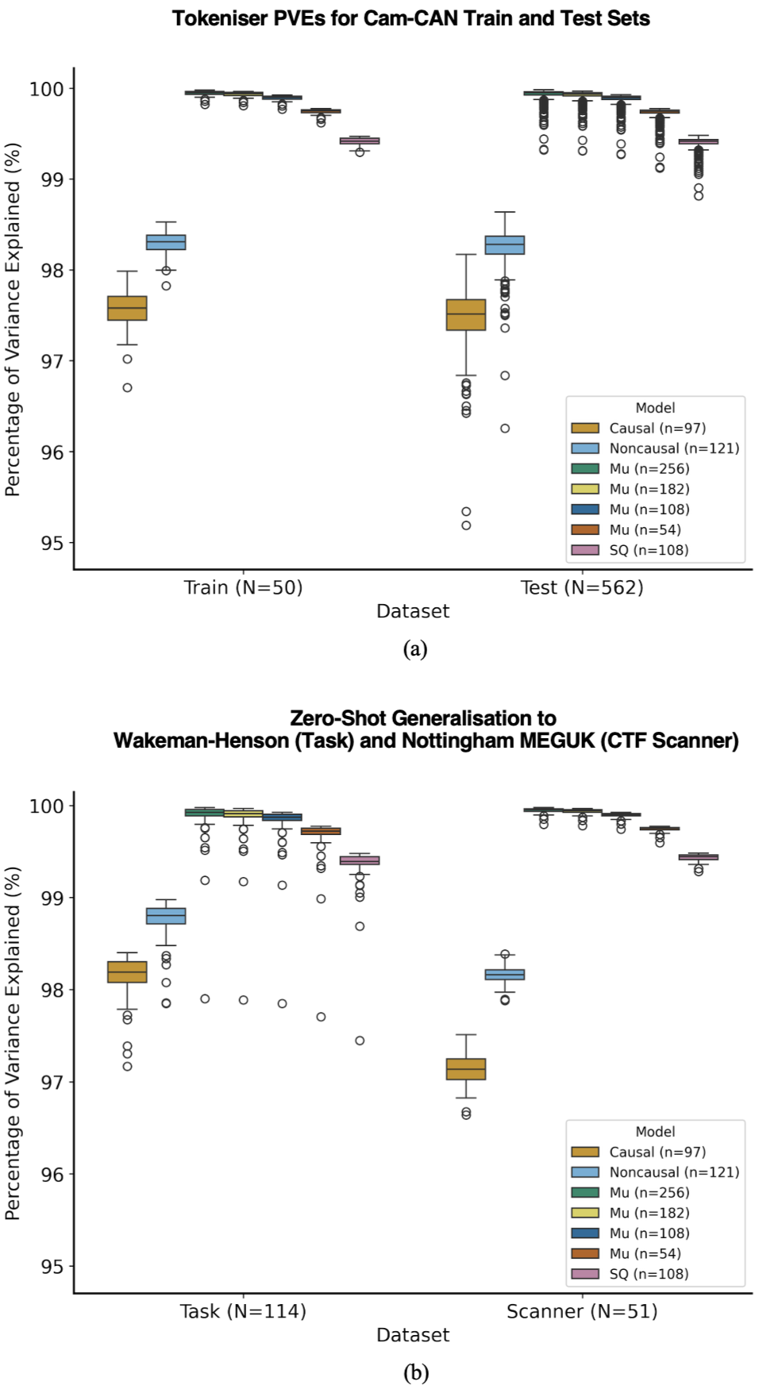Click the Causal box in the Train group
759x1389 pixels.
pyautogui.click(x=127, y=308)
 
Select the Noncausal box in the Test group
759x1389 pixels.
pyautogui.click(x=505, y=245)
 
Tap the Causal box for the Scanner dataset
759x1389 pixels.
pyautogui.click(x=466, y=1069)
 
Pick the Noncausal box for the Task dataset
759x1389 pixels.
pyautogui.click(x=166, y=916)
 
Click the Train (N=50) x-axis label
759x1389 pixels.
pyautogui.click(x=243, y=587)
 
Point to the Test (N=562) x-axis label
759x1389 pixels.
pyautogui.click(x=582, y=587)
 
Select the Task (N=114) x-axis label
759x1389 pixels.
pyautogui.click(x=243, y=1311)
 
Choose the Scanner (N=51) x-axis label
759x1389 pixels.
pyautogui.click(x=582, y=1311)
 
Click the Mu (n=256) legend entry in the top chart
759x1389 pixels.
pyautogui.click(x=649, y=469)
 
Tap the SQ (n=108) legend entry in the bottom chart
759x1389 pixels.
pyautogui.click(x=649, y=1274)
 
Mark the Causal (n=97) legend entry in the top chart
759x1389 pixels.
pyautogui.click(x=657, y=429)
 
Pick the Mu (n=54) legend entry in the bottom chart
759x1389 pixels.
pyautogui.click(x=645, y=1253)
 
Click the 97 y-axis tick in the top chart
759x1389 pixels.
pyautogui.click(x=52, y=361)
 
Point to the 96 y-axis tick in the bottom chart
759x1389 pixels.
pyautogui.click(x=52, y=1175)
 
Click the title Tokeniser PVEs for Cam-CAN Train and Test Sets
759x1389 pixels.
pyautogui.click(x=411, y=18)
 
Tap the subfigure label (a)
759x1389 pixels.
pyautogui.click(x=415, y=649)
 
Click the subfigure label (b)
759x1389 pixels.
pyautogui.click(x=415, y=1372)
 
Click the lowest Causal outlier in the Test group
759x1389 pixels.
pyautogui.click(x=466, y=525)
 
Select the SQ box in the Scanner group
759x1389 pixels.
pyautogui.click(x=699, y=857)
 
